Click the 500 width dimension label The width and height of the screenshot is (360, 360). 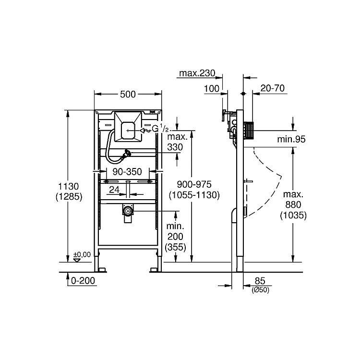point(128,94)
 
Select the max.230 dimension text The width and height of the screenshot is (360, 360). point(197,73)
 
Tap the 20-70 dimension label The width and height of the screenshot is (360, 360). point(273,88)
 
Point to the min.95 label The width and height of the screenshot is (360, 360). point(291,139)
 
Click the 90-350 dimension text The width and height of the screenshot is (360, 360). point(127,172)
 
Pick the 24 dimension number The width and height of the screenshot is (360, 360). point(114,190)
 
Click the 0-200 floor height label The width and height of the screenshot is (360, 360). point(83,281)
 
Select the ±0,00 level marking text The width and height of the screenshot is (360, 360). point(82,254)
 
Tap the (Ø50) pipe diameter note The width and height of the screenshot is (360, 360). point(260,290)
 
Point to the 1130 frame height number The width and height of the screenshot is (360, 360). point(69,186)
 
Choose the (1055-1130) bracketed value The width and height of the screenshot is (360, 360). point(194,195)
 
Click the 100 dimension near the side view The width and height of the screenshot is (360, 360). point(212,89)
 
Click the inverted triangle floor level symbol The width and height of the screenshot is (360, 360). point(77,260)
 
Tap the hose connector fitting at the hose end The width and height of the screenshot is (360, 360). point(126,154)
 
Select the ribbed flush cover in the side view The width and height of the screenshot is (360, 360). point(249,131)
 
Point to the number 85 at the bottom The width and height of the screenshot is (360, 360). point(260,281)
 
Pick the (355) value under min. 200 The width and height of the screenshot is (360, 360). point(175,247)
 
